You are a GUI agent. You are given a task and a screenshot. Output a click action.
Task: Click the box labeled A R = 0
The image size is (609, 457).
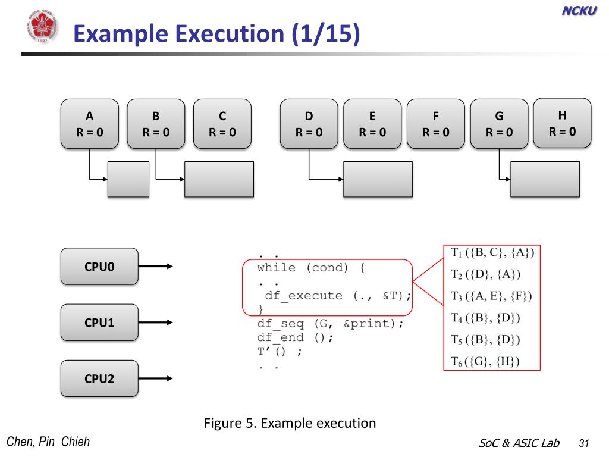coord(90,124)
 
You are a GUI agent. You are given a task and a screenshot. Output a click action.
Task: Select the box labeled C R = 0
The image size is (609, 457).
coord(222,124)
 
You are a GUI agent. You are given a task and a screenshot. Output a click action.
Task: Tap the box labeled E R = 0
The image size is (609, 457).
coord(372,124)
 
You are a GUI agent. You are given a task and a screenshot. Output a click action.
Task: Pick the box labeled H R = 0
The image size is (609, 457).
coord(563,123)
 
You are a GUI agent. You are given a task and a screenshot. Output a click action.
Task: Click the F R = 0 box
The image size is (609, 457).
coord(436,124)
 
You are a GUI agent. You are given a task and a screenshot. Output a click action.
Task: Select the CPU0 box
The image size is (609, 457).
coord(99,267)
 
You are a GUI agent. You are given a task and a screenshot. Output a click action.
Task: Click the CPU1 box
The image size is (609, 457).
coord(99,323)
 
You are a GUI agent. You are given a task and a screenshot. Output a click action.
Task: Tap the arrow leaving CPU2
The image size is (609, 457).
coord(155,378)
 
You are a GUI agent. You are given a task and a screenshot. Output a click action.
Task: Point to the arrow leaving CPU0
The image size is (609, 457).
coord(155,266)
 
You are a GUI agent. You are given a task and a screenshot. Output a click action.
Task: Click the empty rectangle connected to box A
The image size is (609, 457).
coord(128,179)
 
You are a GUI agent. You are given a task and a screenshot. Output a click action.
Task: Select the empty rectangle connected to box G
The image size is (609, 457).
coord(545,179)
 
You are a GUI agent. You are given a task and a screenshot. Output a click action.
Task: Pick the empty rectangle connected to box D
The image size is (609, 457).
coord(378,179)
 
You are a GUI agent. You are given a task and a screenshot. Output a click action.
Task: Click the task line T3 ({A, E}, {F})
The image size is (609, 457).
coord(491,296)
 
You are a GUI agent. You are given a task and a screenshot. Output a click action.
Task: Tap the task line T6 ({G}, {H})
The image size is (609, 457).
coord(485,362)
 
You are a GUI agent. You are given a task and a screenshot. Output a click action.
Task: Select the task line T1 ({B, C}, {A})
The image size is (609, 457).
coord(492,252)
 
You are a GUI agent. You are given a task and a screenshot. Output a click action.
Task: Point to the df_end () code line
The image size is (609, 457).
coord(295,337)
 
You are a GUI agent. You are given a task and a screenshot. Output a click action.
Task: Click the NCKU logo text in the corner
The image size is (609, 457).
coord(579,11)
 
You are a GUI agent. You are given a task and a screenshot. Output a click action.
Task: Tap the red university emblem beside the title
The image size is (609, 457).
coord(42,26)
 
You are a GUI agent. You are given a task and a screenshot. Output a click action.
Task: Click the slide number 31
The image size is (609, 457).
coord(584,443)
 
